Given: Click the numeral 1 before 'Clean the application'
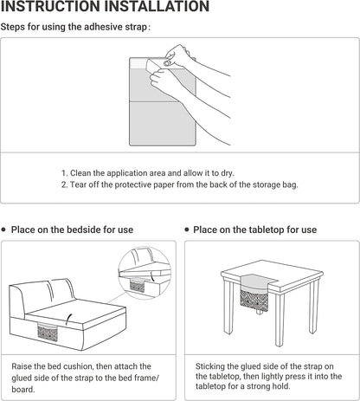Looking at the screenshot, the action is point(63,173).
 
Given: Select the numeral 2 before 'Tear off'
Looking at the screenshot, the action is point(63,184).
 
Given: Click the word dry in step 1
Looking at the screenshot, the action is point(227,173).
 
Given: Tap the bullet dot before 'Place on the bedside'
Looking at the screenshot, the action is point(3,230).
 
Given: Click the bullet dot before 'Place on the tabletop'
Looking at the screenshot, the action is point(187,230).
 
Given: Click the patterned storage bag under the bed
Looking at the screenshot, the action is point(48,332).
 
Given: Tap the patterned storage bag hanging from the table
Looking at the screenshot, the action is point(254,301).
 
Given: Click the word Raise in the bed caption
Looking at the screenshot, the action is point(22,366).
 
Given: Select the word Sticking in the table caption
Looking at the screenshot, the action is point(210,366).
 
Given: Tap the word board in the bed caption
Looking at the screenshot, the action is point(23,389).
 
